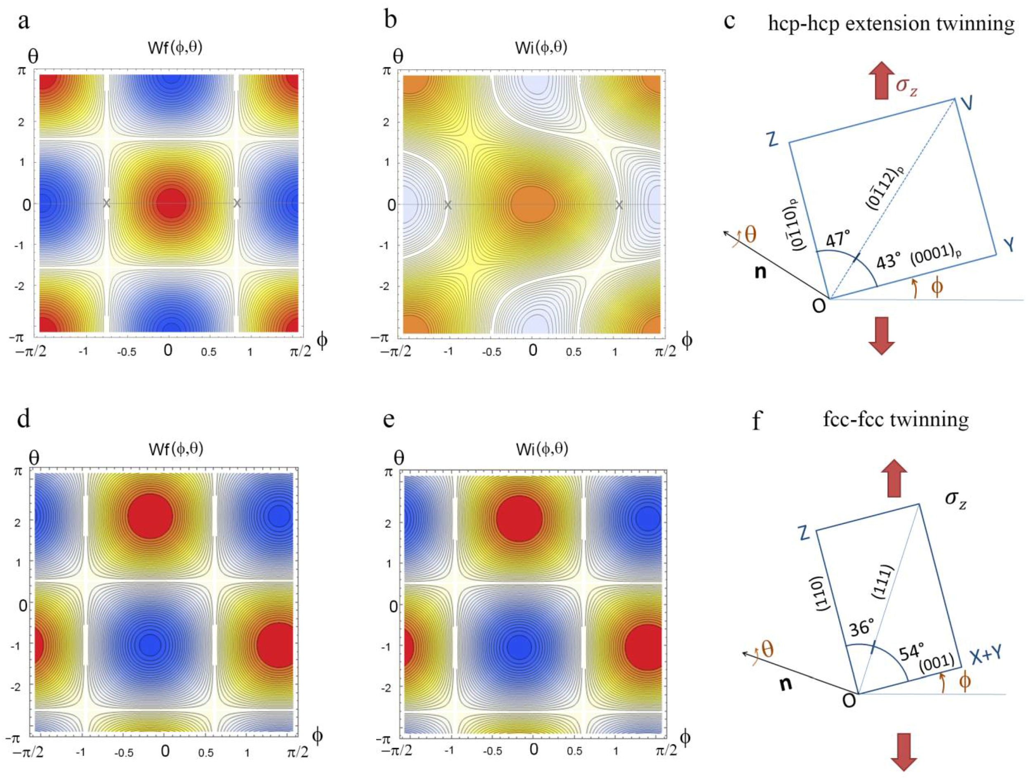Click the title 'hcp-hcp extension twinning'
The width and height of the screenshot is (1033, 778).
[891, 24]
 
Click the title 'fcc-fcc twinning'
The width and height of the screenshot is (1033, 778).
[896, 419]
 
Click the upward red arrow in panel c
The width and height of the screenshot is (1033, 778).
[881, 82]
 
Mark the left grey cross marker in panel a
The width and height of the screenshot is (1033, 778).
[106, 203]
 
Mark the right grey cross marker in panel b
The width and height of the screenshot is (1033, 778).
[619, 205]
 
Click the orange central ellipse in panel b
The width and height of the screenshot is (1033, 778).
[532, 205]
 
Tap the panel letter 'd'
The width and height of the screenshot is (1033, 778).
[24, 419]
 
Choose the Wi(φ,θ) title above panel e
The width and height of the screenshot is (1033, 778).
[542, 450]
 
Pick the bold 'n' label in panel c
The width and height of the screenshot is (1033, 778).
[761, 272]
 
